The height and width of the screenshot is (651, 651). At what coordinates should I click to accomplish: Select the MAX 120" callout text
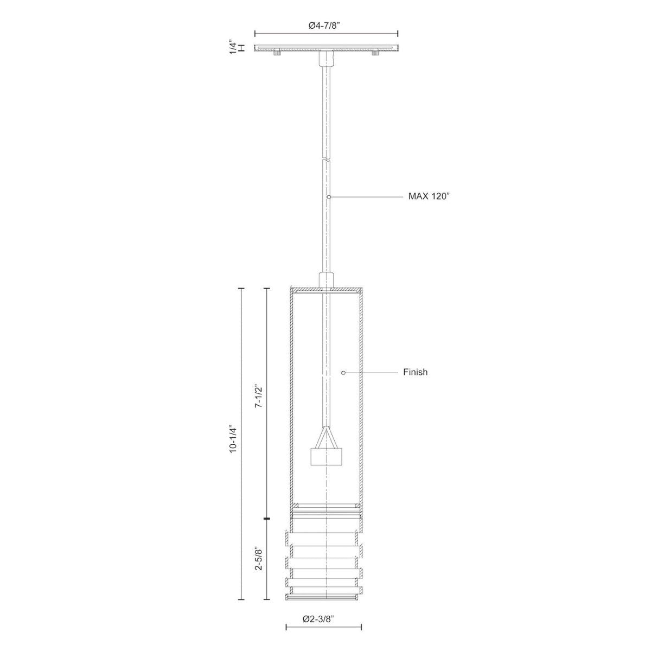(430, 196)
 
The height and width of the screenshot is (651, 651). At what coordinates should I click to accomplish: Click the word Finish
(415, 372)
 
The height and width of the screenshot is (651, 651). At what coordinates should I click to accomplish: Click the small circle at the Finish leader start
(343, 372)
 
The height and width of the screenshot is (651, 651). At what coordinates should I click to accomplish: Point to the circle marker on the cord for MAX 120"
(329, 196)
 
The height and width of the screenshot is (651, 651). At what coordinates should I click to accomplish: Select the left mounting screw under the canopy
(277, 53)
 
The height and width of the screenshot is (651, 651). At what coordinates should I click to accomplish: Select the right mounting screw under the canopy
(374, 53)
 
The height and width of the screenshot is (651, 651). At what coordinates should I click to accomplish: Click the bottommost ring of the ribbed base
(324, 612)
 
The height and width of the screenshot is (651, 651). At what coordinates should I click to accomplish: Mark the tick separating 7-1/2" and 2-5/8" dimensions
(266, 520)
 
